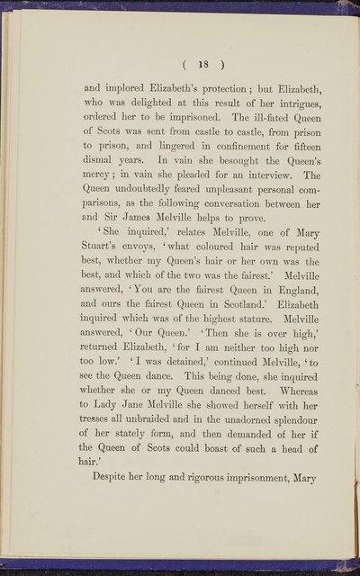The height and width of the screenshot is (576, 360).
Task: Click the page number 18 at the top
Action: click(x=179, y=66)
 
